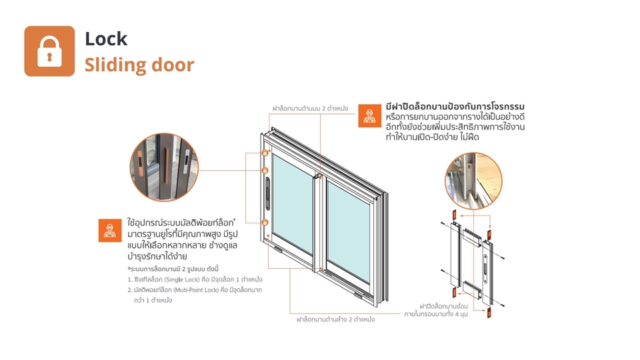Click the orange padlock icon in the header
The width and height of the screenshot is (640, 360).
49,51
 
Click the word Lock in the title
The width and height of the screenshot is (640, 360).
105,39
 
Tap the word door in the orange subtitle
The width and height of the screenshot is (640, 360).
171,65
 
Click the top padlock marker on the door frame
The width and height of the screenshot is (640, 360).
265,153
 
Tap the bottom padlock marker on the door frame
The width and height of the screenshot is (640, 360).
265,222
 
